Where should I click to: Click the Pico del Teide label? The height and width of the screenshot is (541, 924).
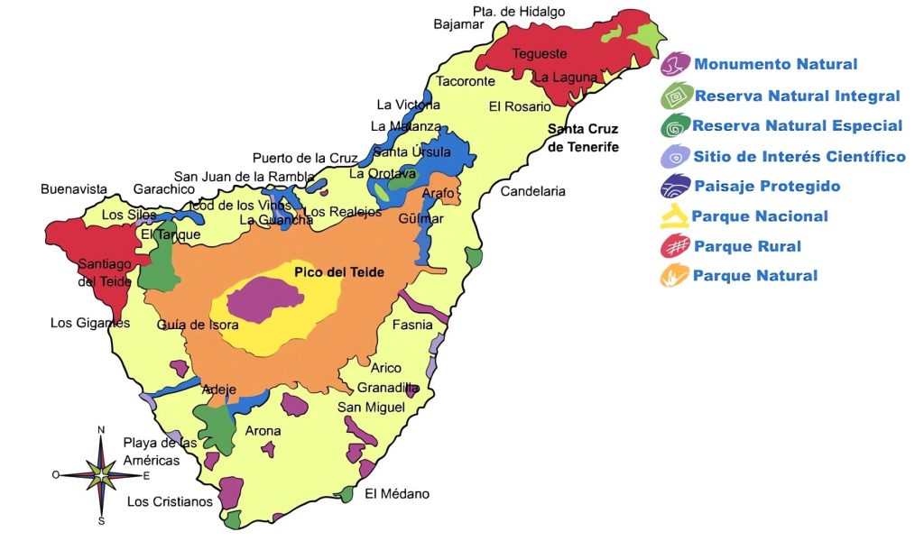point(339,271)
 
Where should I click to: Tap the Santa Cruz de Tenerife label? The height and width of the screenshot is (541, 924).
point(583,138)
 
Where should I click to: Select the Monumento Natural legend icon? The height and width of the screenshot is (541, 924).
point(675,64)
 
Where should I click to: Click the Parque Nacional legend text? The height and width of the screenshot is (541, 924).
point(759,216)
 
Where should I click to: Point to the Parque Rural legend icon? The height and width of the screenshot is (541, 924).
point(675,246)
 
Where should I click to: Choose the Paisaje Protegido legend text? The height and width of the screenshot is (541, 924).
point(767,187)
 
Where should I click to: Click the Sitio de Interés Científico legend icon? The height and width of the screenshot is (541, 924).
point(675,157)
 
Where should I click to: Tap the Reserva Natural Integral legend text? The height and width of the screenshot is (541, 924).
point(797,96)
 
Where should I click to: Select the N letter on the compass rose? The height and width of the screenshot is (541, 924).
point(101,429)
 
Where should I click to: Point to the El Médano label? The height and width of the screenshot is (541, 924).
point(397,494)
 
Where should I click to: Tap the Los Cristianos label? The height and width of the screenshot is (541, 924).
point(170,501)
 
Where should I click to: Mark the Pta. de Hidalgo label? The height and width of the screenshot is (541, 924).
point(519,12)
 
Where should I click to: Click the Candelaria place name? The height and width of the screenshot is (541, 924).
point(532,191)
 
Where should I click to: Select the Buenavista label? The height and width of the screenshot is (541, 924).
point(74,189)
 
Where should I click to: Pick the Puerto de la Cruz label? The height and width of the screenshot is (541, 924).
point(305,158)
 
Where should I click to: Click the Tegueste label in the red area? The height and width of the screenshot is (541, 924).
point(540,54)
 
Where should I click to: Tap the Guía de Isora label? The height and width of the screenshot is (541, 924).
point(196,325)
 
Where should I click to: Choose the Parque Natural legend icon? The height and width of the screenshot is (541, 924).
point(675,276)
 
